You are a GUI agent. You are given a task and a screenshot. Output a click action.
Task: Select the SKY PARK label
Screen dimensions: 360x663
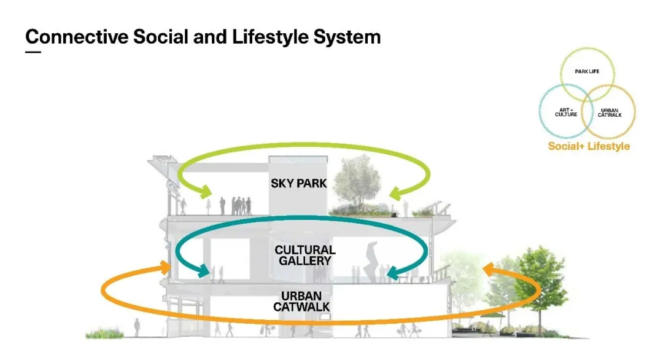tap(298, 183)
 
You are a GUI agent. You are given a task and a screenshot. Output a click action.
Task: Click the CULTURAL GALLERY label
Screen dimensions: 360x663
tap(305, 255)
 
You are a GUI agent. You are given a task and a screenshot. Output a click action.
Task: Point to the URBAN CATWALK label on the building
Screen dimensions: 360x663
tap(301, 301)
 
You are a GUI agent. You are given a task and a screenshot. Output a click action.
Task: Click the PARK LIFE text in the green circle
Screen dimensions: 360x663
tap(587, 72)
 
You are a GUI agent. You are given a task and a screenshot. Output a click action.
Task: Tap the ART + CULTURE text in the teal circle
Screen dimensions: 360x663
tap(565, 112)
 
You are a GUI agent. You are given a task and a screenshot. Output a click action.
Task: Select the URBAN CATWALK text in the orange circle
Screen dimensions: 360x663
tap(610, 113)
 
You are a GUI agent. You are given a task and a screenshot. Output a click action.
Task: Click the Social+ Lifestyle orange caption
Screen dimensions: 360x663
tap(589, 146)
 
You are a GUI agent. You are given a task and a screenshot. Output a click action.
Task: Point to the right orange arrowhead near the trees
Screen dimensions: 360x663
tap(488, 269)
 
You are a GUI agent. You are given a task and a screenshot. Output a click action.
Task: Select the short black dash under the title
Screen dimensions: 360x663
tap(33, 52)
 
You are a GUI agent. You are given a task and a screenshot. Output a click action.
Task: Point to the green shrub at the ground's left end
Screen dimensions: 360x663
tap(100, 334)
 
